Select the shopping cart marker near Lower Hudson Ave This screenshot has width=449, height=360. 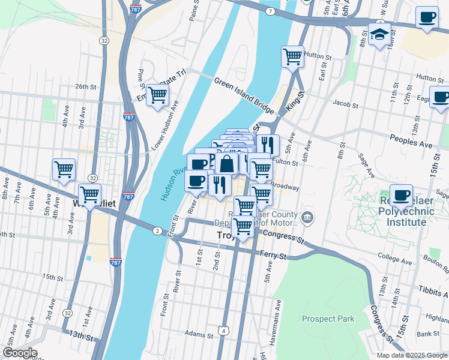(x=157, y=95)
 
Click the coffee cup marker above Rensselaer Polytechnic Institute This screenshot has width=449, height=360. (x=401, y=195)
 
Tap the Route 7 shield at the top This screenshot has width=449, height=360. (x=271, y=11)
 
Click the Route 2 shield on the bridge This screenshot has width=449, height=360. (x=157, y=231)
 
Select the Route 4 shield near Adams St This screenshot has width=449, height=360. (x=223, y=331)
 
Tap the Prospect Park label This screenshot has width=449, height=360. (x=328, y=319)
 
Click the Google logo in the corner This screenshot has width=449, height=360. (x=20, y=353)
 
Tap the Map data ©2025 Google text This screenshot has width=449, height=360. (x=412, y=355)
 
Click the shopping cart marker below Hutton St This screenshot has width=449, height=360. (x=292, y=57)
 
